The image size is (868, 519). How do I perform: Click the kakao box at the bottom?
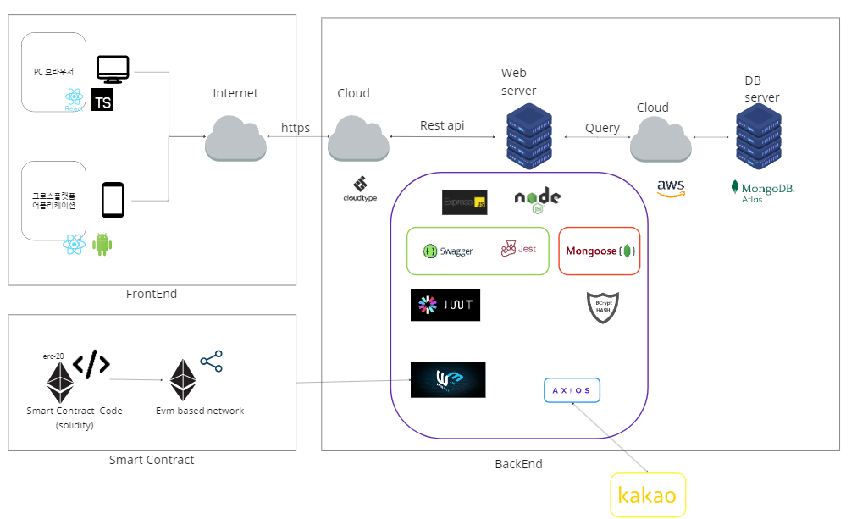pos(648,495)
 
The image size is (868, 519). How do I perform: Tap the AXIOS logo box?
pos(572,390)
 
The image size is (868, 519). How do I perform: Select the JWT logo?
pos(445,305)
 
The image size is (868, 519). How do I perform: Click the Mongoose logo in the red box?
pos(600,251)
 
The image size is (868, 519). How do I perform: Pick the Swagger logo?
pos(448,251)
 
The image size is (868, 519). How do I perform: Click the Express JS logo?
pos(465,202)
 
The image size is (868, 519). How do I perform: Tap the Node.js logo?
pos(538,200)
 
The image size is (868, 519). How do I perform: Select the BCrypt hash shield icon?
pos(603,307)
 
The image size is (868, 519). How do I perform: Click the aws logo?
pos(671,188)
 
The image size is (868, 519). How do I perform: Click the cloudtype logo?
pos(360,190)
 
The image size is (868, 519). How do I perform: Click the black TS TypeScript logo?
pos(102,100)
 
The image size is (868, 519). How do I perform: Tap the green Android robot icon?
pos(102,245)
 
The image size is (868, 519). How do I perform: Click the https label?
pos(296,128)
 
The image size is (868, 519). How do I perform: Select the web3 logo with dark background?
pos(448,379)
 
